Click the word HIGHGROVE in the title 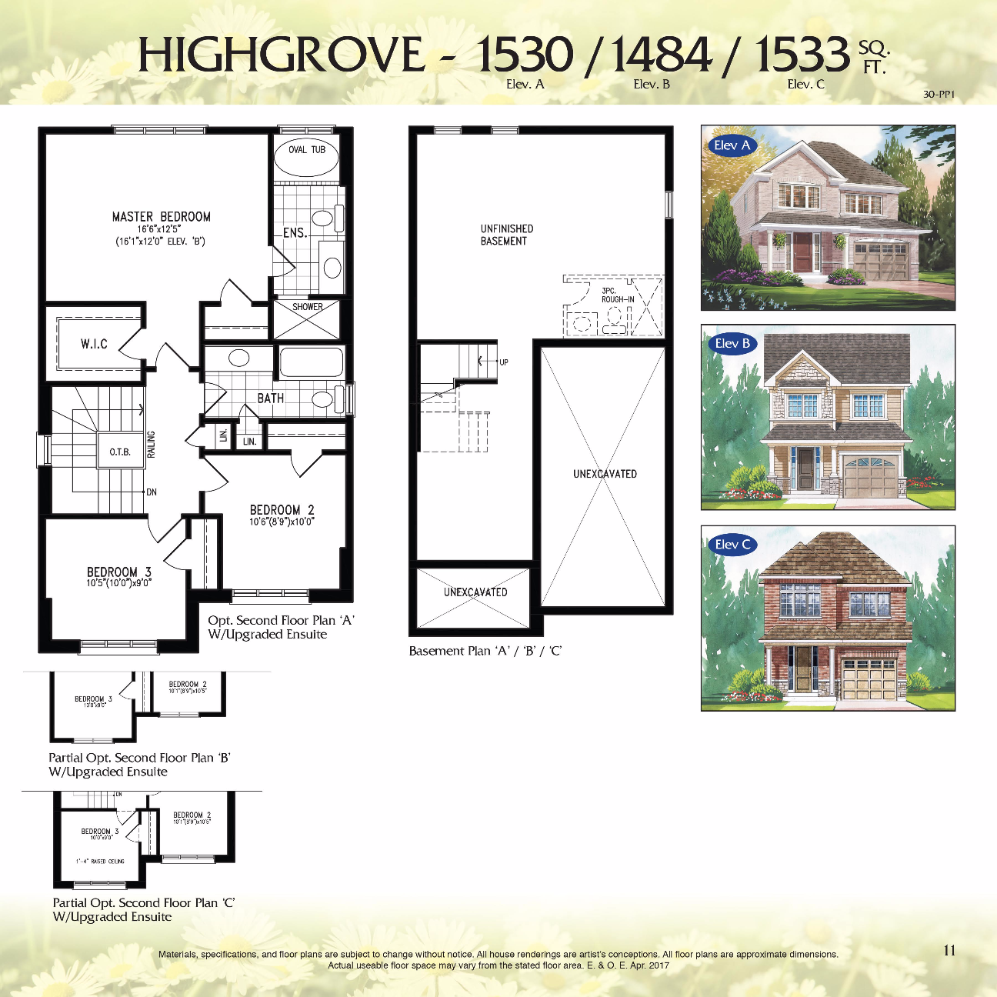281,55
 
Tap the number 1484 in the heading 662,55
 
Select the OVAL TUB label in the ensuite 307,150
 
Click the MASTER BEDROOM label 161,218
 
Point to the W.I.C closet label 94,344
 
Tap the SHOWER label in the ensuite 307,307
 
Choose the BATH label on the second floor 270,398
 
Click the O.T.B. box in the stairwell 120,452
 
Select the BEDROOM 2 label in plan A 282,510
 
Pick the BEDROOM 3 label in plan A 118,572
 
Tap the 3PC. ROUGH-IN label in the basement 617,295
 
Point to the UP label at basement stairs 504,362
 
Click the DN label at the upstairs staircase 152,492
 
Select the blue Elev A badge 731,145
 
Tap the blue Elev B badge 732,344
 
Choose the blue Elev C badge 732,545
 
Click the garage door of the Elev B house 871,477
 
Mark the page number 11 949,951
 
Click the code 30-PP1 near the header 939,95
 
